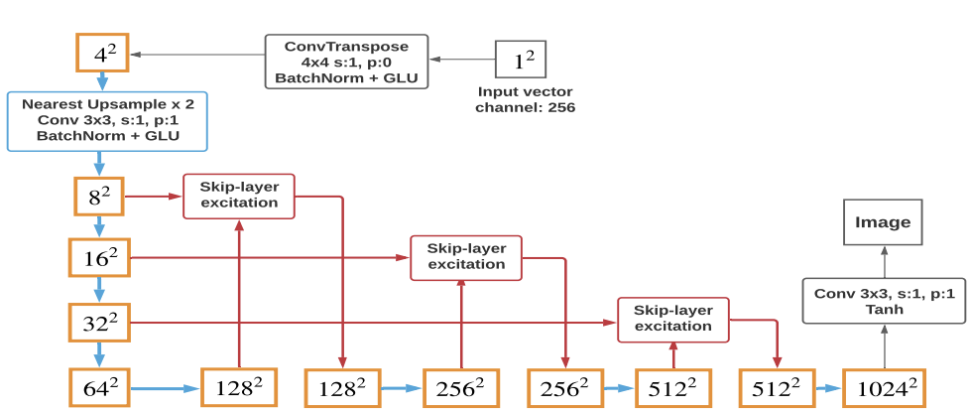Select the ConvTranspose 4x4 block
click(346, 62)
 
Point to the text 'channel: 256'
click(525, 107)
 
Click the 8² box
click(99, 197)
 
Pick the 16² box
click(98, 258)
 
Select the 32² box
click(98, 322)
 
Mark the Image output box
click(882, 222)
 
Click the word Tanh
click(883, 309)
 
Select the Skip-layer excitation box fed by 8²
click(239, 196)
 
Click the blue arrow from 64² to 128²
click(166, 386)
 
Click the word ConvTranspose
click(346, 46)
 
